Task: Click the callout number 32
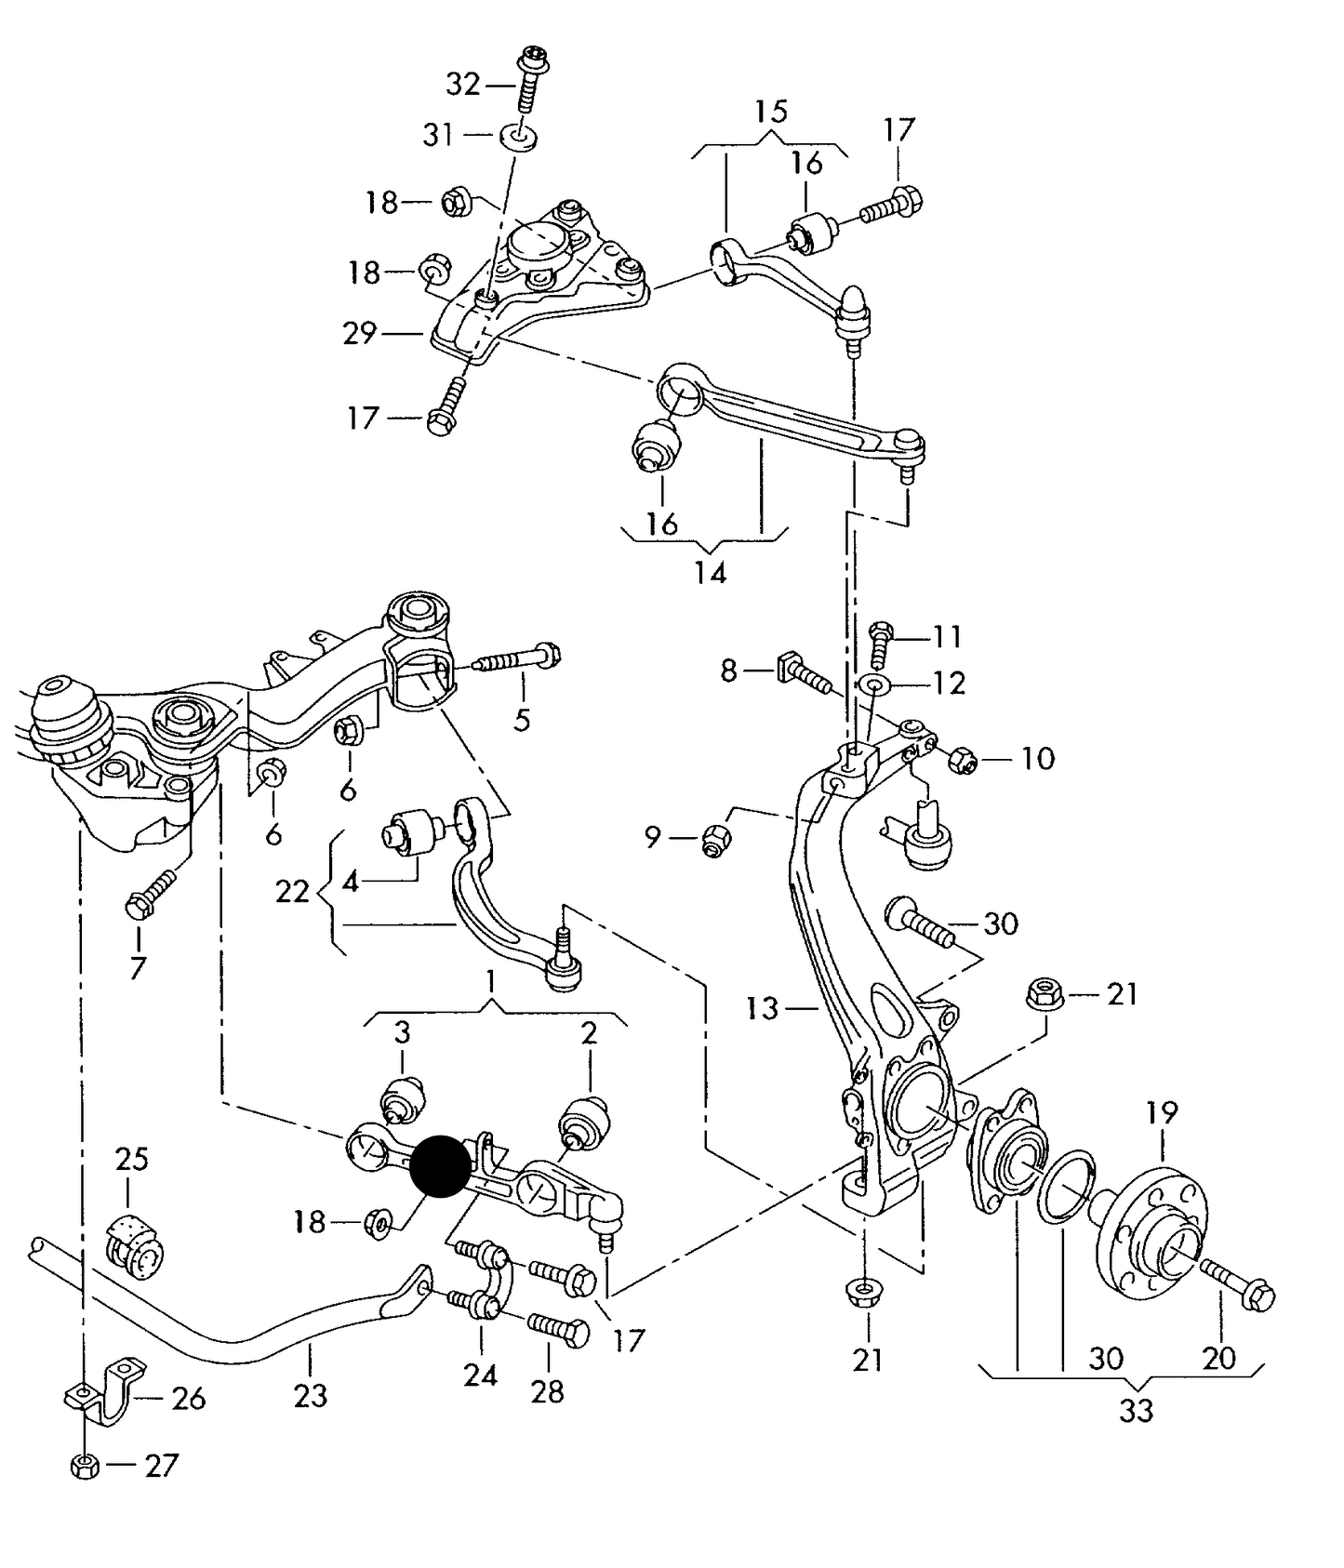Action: [462, 85]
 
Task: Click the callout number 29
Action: [359, 333]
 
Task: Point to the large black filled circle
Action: [441, 1165]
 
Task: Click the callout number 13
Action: [762, 1007]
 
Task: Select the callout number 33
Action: [1136, 1410]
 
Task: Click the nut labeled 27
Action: [84, 1467]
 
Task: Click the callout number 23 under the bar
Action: [310, 1395]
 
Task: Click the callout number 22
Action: [292, 891]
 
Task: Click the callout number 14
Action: [710, 572]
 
